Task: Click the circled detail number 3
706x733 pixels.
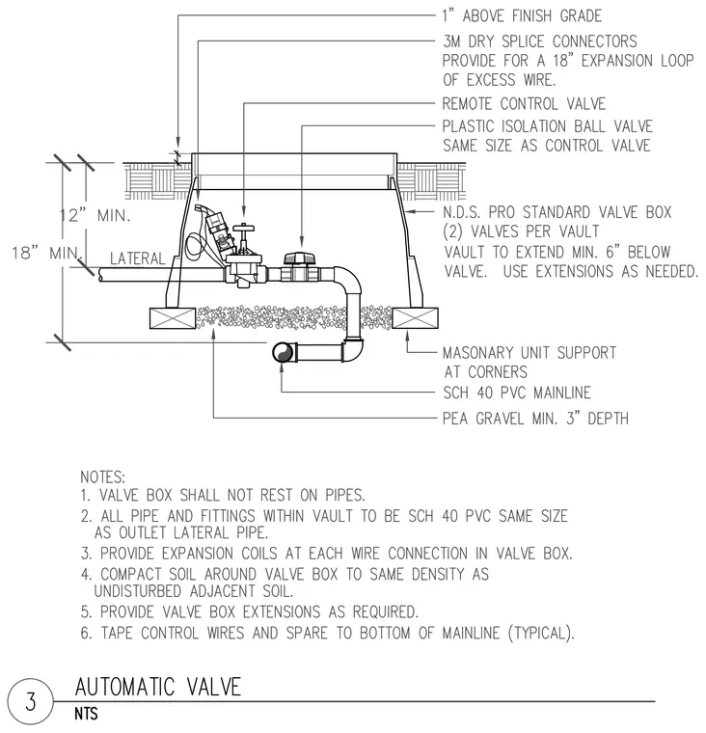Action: [30, 702]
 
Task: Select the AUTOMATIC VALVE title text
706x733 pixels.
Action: [158, 687]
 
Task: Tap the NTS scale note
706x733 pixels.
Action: [86, 714]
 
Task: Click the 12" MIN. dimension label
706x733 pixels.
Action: [95, 215]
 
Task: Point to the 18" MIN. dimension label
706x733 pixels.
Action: [46, 253]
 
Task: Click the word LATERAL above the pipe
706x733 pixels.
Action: [138, 258]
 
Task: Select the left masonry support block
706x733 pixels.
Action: [172, 318]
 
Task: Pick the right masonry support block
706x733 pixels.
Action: [415, 318]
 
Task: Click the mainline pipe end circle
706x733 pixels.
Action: [283, 352]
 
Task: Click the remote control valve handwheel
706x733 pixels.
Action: [244, 229]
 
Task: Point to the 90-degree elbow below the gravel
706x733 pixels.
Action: [354, 349]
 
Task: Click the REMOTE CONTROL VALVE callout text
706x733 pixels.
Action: [524, 104]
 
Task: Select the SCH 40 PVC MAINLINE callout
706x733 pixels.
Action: [517, 393]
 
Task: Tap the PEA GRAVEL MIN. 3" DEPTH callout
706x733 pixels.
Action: [535, 418]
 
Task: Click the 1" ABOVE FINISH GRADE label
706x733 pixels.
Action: [522, 15]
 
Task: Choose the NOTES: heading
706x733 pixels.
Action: [103, 477]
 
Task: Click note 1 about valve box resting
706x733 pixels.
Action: [223, 495]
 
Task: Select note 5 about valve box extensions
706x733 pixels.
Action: [249, 611]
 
